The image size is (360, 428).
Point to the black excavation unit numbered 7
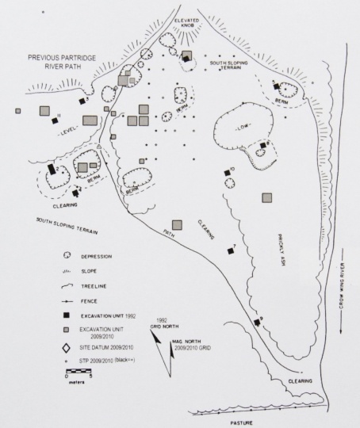click(x=232, y=251)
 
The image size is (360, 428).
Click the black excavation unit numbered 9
click(x=257, y=321)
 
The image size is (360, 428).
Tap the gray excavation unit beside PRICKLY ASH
click(x=267, y=197)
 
